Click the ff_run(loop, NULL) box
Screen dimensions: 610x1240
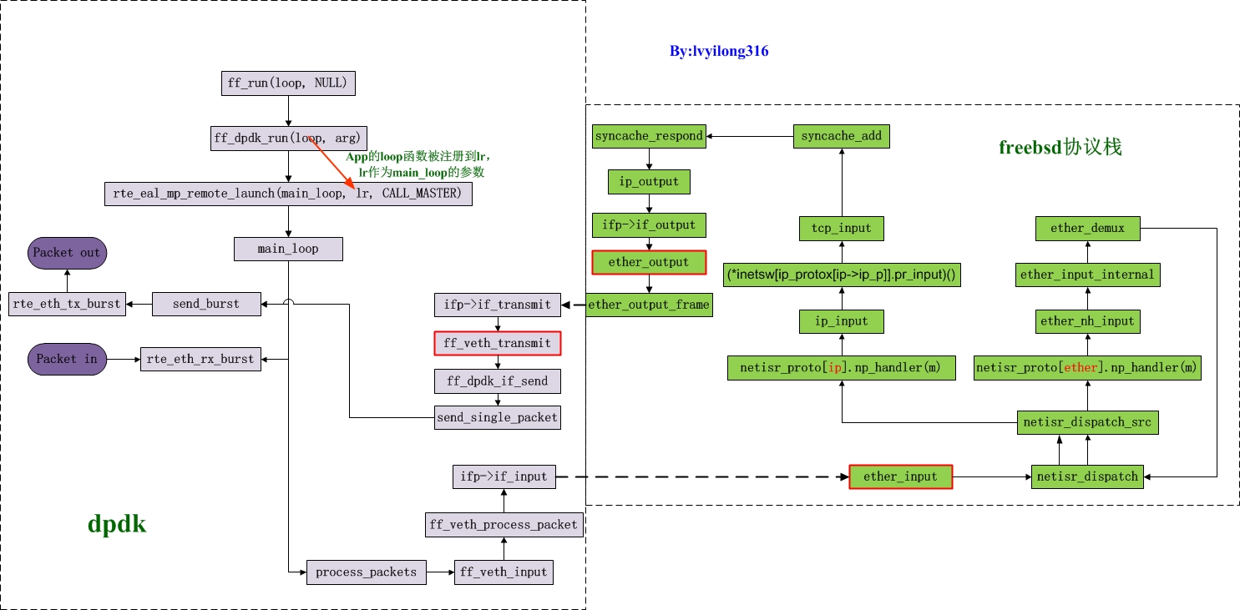point(288,83)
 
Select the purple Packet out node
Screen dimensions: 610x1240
point(66,252)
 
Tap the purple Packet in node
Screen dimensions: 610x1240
point(67,360)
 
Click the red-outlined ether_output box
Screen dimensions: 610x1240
point(649,262)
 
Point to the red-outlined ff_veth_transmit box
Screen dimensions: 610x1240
point(498,343)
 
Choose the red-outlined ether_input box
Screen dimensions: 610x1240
point(900,476)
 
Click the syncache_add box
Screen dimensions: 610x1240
point(841,136)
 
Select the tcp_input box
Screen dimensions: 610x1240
point(841,228)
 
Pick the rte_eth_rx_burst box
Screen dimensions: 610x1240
point(200,360)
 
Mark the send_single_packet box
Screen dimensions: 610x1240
point(497,417)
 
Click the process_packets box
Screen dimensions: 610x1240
point(367,572)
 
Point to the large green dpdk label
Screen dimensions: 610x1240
point(117,524)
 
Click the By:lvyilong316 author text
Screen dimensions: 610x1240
point(718,52)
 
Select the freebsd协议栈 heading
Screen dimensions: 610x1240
point(1060,148)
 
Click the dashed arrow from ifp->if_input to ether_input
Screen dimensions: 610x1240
point(701,477)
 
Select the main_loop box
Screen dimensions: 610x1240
point(288,249)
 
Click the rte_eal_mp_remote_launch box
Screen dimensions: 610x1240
point(288,194)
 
